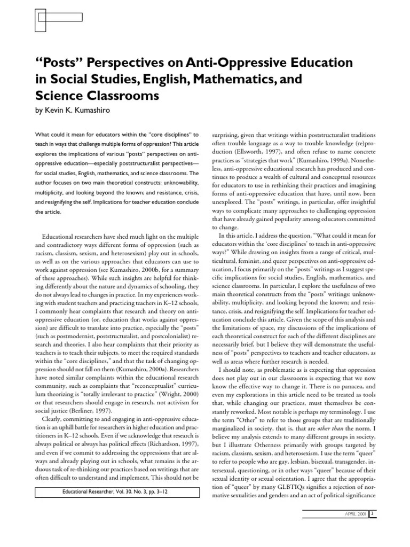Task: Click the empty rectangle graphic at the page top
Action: pos(57,17)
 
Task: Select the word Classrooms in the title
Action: pos(122,97)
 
